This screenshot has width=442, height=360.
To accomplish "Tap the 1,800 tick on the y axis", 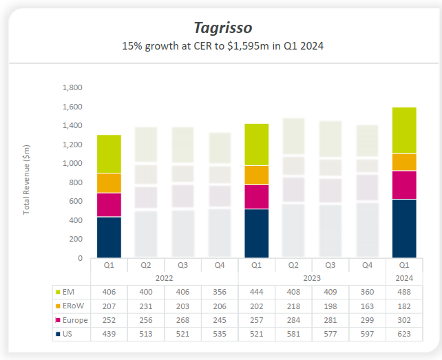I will click(x=72, y=88).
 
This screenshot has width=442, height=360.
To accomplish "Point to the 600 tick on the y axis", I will click(x=76, y=201).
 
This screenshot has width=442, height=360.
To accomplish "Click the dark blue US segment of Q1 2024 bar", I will click(x=404, y=228).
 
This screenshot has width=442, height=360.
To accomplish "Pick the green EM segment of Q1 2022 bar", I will click(x=109, y=153).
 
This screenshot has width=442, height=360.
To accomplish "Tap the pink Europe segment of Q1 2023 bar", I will click(x=256, y=196).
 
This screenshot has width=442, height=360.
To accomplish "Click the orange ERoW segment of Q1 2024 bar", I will click(x=404, y=161).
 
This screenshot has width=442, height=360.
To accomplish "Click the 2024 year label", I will click(x=403, y=277).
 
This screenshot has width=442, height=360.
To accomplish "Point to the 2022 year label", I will click(x=164, y=277).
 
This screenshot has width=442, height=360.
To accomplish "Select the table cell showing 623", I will click(x=403, y=334).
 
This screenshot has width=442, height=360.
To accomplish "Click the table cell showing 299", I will click(x=367, y=319).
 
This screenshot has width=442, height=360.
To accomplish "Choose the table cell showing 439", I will click(x=109, y=334).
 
